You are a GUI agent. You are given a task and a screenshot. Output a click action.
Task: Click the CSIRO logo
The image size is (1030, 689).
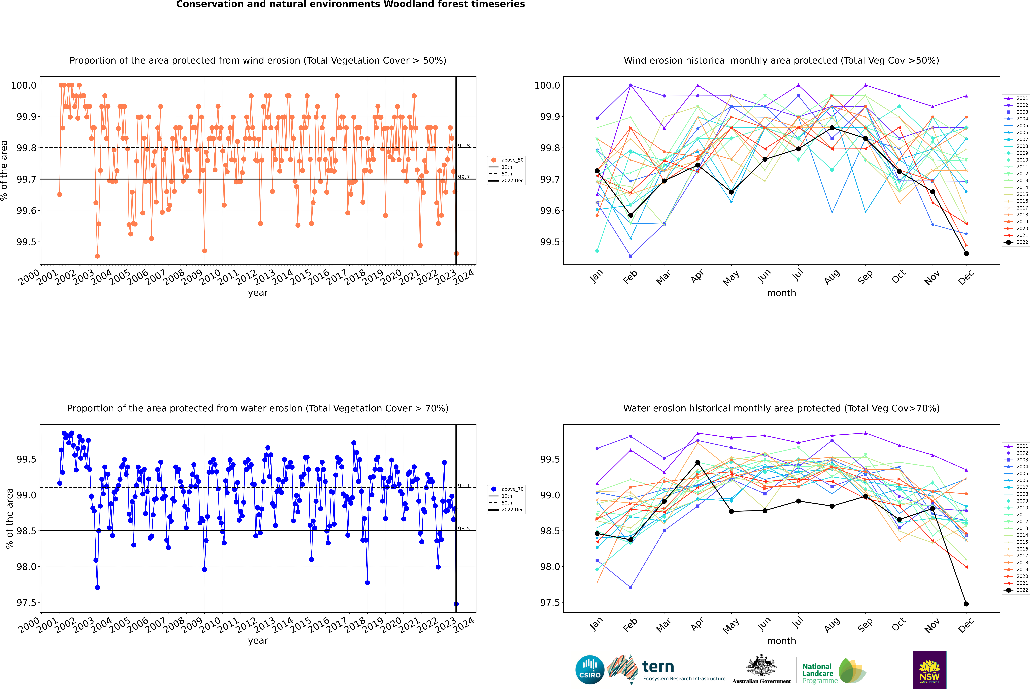(x=590, y=670)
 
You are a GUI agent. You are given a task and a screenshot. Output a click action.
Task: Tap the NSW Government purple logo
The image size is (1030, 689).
(x=929, y=670)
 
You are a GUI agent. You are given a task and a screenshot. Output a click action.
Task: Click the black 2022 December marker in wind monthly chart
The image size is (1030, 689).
(x=966, y=254)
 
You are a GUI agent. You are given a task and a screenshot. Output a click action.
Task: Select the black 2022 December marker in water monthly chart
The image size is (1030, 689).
(x=966, y=604)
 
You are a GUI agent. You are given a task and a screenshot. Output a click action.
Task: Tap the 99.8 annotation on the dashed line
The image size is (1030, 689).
(x=464, y=146)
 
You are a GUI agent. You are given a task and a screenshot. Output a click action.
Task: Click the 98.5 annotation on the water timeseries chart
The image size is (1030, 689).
(x=464, y=529)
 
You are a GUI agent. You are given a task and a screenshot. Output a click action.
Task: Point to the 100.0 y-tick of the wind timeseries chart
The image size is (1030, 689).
(x=24, y=85)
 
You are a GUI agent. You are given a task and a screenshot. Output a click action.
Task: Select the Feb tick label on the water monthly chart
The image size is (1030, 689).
(x=630, y=625)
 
